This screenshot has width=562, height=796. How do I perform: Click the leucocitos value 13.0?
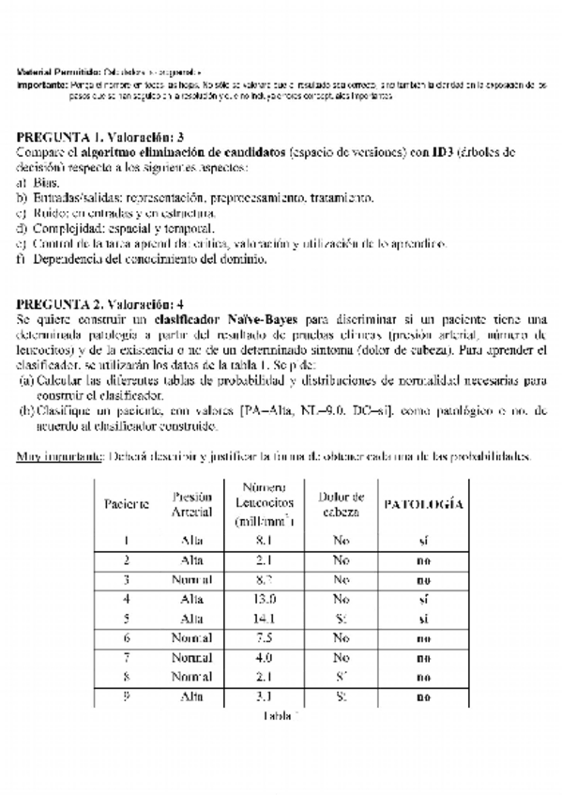pos(265,598)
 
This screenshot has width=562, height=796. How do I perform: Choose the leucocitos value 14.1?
pos(265,618)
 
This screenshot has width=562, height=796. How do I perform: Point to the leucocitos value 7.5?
pos(265,637)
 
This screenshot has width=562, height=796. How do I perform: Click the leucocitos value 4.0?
pos(265,657)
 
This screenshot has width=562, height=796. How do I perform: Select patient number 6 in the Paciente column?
pos(127,637)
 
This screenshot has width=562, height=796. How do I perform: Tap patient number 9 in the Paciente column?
pos(127,696)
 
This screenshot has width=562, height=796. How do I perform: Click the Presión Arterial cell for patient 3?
pos(192,579)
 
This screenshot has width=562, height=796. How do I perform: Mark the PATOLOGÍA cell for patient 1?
pos(423,540)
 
